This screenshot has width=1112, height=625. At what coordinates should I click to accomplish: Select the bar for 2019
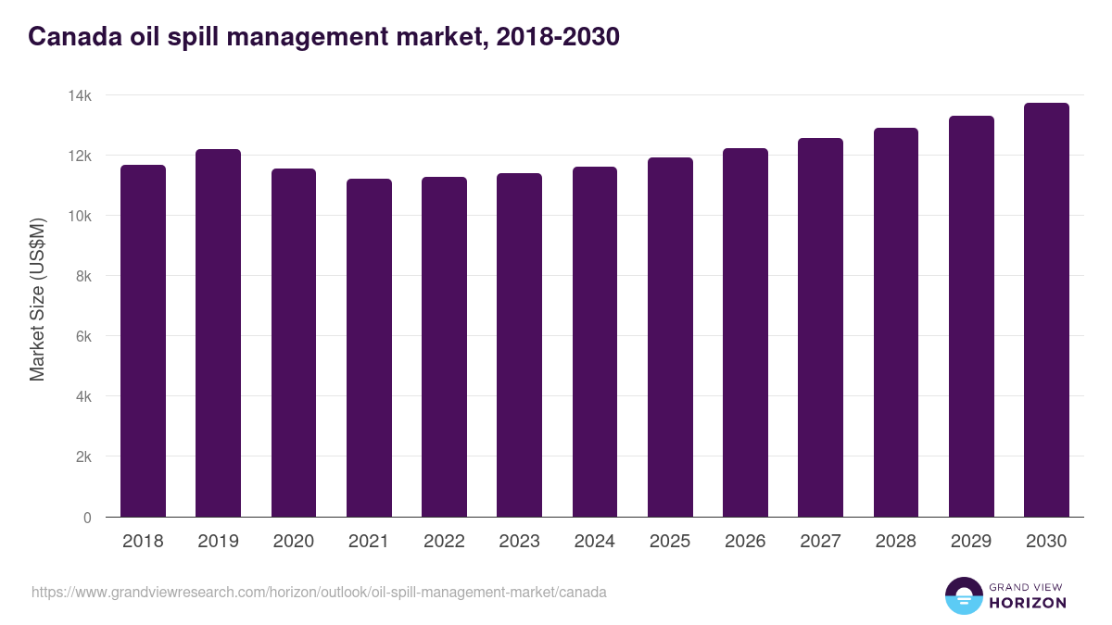(x=218, y=333)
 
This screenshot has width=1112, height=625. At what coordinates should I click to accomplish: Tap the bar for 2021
(x=369, y=348)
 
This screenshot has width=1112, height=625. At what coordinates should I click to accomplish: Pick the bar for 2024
(x=594, y=342)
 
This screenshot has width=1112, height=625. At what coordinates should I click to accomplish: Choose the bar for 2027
(x=820, y=328)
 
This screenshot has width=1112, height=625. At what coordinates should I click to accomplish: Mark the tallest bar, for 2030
(x=1046, y=310)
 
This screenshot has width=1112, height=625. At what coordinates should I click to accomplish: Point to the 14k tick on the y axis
(x=80, y=95)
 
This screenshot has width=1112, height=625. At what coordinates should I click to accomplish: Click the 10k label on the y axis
(x=80, y=216)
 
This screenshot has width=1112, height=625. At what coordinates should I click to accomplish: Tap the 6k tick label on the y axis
(x=82, y=337)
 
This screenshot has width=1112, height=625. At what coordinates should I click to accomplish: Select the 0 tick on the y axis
(x=87, y=518)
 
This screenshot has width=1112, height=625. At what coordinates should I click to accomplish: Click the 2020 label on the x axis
(x=293, y=542)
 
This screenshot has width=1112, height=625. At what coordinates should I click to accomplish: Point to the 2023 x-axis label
(x=519, y=542)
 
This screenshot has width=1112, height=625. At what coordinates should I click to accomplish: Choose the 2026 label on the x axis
(x=745, y=542)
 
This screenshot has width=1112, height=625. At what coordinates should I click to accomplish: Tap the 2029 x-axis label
(x=971, y=542)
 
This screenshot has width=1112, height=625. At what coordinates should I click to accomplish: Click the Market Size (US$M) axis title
(x=37, y=299)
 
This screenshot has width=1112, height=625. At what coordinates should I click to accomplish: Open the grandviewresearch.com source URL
(x=319, y=592)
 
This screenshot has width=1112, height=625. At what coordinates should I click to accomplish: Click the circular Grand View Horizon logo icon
(x=964, y=595)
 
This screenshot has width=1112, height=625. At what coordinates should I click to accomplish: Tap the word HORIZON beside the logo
(x=1028, y=603)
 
